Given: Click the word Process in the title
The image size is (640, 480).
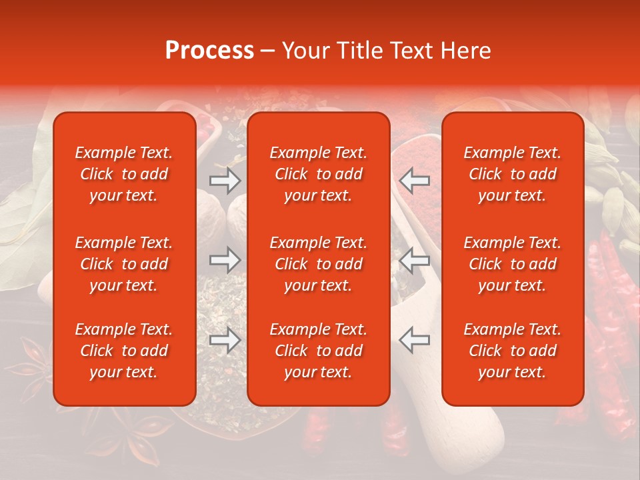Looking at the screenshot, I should (x=209, y=51).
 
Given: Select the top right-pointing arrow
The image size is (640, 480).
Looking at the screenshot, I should (x=225, y=181).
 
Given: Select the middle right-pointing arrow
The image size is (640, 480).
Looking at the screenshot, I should (x=225, y=260).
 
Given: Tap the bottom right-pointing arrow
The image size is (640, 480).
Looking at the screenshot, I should (x=225, y=340).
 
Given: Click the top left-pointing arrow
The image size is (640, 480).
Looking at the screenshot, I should (x=414, y=181).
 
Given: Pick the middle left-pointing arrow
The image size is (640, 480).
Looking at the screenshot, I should (x=414, y=260).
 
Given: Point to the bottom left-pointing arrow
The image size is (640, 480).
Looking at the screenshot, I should (x=414, y=340).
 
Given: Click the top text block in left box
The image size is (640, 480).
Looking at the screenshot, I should (x=124, y=174).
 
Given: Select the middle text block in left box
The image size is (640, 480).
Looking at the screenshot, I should (x=124, y=264).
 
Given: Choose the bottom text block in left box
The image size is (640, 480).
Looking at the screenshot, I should (x=124, y=351).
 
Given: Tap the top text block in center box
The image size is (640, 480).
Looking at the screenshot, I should (x=318, y=174).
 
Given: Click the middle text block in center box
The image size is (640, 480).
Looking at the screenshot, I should (x=318, y=264).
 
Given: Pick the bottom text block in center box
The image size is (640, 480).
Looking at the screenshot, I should (x=318, y=351).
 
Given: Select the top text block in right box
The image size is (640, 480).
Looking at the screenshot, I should (x=512, y=174).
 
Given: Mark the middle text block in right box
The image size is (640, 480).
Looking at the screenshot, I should (x=512, y=264).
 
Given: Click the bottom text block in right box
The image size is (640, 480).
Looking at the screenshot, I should (x=512, y=351).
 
